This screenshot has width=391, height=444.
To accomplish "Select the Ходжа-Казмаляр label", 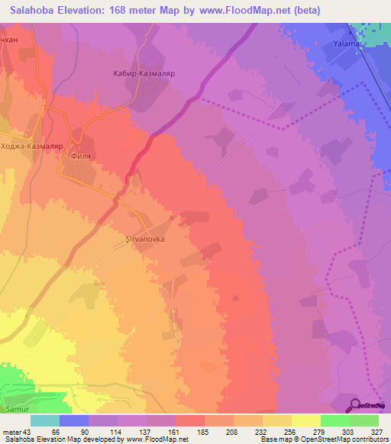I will click(29, 146).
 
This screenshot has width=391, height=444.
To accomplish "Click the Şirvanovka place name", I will click(145, 238).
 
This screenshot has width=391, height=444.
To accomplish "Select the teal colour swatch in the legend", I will click(45, 420).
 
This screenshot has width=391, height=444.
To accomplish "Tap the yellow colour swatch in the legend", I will click(305, 420).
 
